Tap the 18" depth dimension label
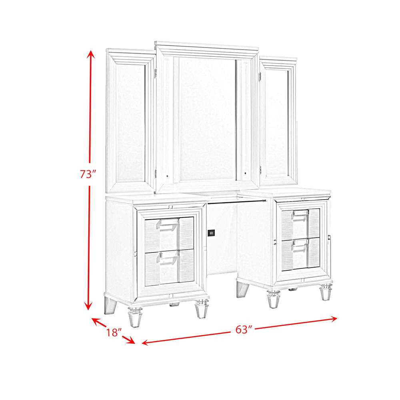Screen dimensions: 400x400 point(114,332)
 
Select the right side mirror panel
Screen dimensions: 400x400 point(278,122)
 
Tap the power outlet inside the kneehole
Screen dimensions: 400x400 point(212,233)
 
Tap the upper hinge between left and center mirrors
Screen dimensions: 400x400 point(156,73)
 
